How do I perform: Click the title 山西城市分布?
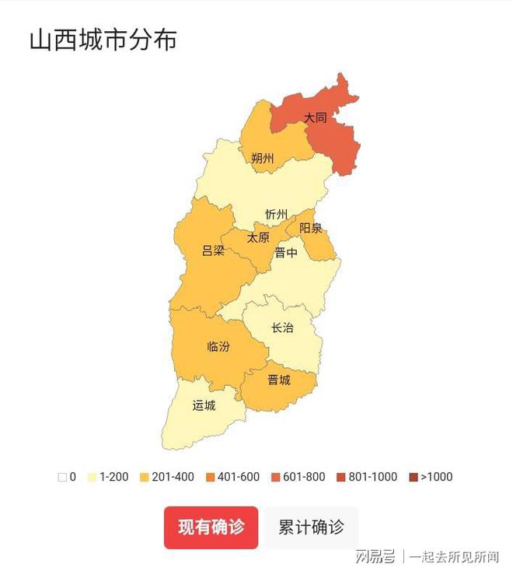pyautogui.click(x=103, y=40)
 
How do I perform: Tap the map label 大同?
pyautogui.click(x=315, y=118)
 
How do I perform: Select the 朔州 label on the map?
pyautogui.click(x=263, y=159)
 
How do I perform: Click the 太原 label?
pyautogui.click(x=258, y=238)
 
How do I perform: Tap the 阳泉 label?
pyautogui.click(x=311, y=229)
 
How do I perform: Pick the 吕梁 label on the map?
pyautogui.click(x=213, y=251)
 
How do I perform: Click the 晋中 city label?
pyautogui.click(x=285, y=253)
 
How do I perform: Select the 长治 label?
pyautogui.click(x=282, y=328)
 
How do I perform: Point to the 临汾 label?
pyautogui.click(x=218, y=346)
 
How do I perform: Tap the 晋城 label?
pyautogui.click(x=278, y=380)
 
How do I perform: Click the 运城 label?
pyautogui.click(x=204, y=406)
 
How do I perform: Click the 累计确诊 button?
pyautogui.click(x=311, y=527)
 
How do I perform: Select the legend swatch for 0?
pyautogui.click(x=62, y=477)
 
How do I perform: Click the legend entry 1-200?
pyautogui.click(x=108, y=477)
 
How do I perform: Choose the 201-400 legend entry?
pyautogui.click(x=167, y=477)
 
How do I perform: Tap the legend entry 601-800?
pyautogui.click(x=298, y=477)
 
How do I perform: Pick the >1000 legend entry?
pyautogui.click(x=430, y=477)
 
